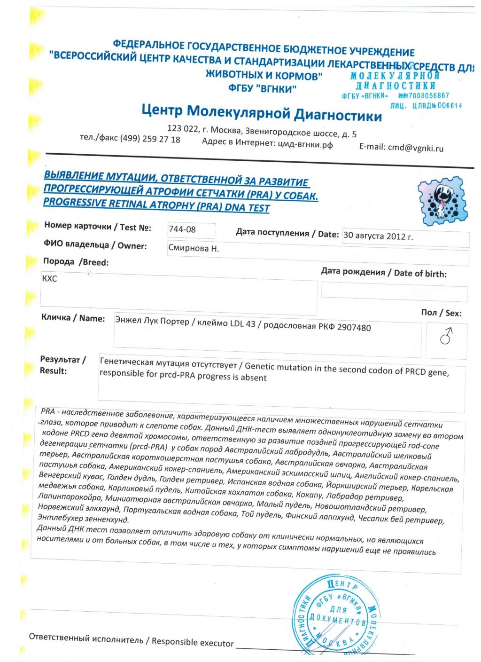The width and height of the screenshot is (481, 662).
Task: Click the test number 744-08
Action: [182, 229]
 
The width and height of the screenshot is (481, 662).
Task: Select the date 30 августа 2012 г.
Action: [378, 236]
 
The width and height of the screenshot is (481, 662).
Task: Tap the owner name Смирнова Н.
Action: [194, 248]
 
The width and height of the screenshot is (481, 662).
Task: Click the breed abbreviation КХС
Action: [49, 278]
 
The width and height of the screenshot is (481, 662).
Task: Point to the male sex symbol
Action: [446, 336]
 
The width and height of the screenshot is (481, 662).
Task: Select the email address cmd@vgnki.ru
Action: [416, 148]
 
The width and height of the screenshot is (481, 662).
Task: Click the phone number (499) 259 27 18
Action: [150, 139]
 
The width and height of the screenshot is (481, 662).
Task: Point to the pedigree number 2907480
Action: [354, 327]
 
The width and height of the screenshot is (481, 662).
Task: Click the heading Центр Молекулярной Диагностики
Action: [262, 113]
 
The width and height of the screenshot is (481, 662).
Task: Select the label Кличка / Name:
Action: [73, 318]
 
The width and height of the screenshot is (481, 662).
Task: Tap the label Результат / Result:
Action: [62, 365]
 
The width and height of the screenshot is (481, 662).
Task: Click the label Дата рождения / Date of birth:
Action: [384, 273]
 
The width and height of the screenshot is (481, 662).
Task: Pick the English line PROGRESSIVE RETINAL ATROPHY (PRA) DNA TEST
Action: [156, 205]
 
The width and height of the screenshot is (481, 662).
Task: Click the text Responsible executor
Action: [193, 642]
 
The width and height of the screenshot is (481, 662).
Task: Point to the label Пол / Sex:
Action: [441, 313]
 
